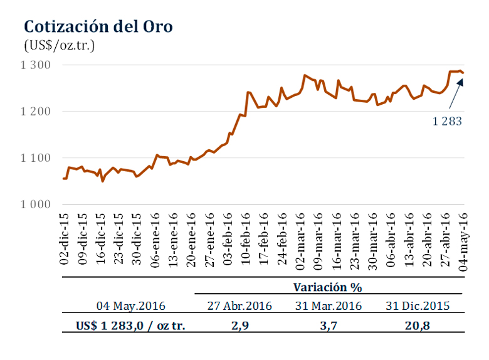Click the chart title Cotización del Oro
(98, 26)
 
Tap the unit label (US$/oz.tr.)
(60, 45)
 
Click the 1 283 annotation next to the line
(448, 121)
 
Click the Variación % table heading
(329, 287)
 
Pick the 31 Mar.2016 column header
(328, 306)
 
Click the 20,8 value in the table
(418, 326)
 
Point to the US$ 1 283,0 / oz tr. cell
(131, 326)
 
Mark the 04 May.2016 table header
(131, 306)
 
